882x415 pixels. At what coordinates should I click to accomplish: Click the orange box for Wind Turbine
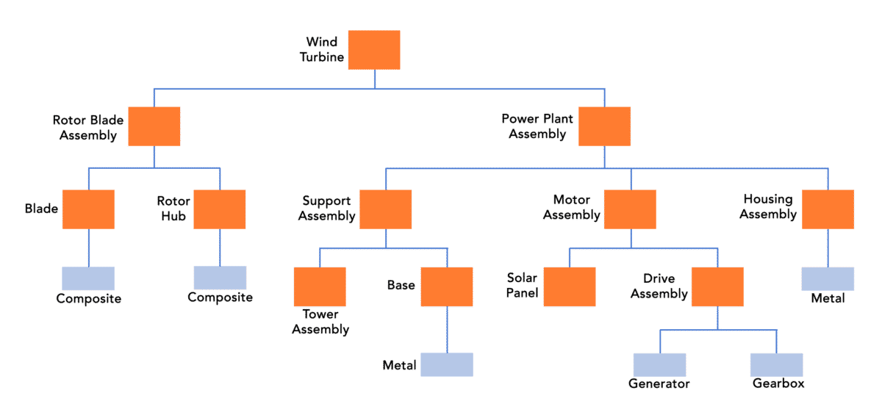coord(373,50)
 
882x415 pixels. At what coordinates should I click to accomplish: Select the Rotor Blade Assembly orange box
coord(154,126)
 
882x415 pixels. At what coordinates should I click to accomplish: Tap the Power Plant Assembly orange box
coord(604,126)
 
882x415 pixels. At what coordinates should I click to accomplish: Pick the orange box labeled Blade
coord(88,209)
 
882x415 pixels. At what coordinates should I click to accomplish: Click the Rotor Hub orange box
coord(220,209)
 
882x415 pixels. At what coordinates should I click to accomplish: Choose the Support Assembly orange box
coord(385,209)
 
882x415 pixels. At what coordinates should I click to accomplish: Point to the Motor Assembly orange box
coord(630,209)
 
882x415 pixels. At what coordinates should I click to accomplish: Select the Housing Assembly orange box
coord(828,209)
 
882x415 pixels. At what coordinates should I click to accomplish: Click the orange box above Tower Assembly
coord(320,286)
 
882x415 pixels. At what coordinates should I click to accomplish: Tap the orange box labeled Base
coord(446,286)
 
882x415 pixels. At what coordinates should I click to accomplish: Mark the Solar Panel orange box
coord(569,286)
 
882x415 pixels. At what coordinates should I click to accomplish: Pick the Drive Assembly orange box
coord(717,286)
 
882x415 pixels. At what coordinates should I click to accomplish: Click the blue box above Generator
coord(659,365)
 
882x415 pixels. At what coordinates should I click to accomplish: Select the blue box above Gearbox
coord(776,365)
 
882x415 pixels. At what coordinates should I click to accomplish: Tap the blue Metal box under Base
coord(446,365)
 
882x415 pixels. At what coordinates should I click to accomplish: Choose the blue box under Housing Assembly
coord(828,279)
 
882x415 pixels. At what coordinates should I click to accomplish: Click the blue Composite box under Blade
coord(88,279)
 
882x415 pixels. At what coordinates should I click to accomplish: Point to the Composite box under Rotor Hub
coord(220,278)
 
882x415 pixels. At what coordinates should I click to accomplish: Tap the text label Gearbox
coord(778,383)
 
